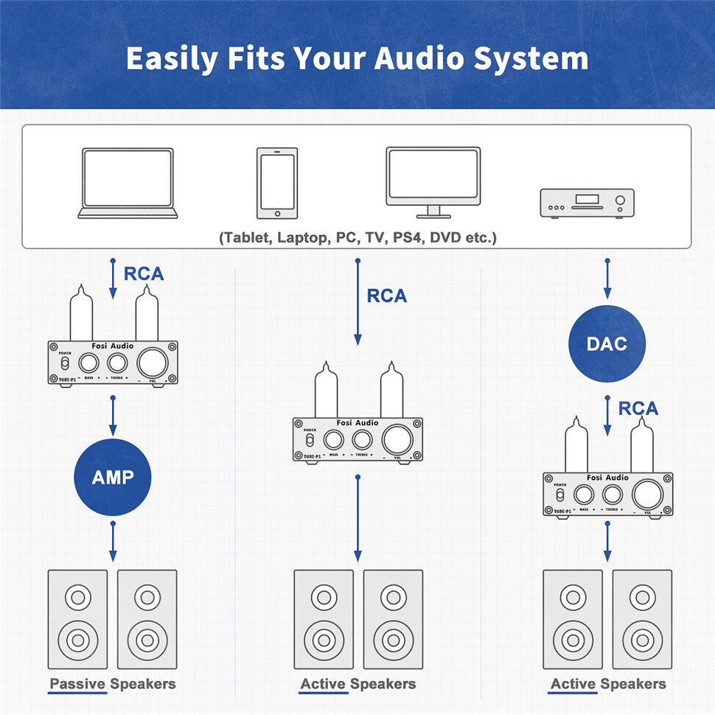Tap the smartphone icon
point(277,183)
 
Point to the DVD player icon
point(587,203)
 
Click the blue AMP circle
point(113,478)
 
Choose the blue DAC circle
point(607,343)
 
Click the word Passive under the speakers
point(77,684)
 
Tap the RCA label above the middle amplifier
point(387,296)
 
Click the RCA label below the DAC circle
point(638,408)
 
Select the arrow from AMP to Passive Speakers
point(113,541)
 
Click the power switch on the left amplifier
point(65,363)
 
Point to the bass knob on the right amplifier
point(584,494)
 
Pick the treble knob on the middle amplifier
point(361,440)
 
